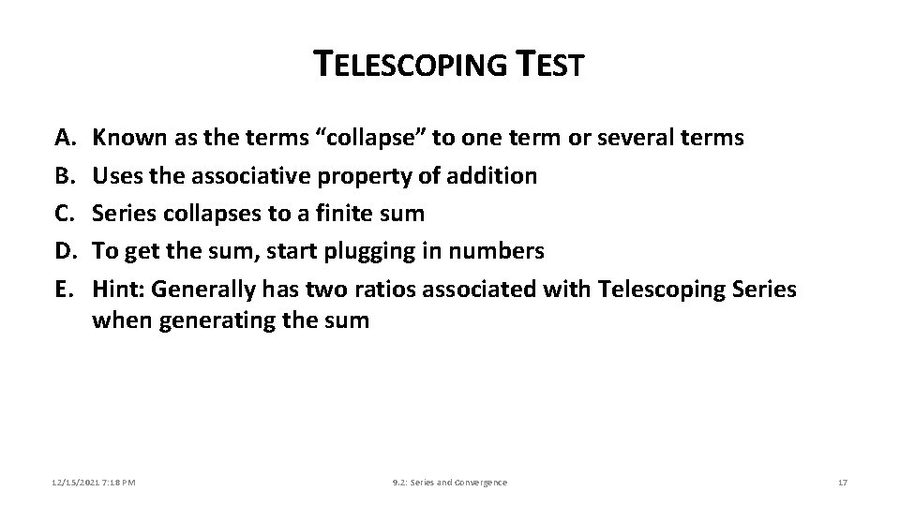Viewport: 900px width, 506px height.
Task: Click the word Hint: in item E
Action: coord(118,290)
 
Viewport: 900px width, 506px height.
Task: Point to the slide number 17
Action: coord(842,482)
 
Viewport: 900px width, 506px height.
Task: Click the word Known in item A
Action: coord(125,138)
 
